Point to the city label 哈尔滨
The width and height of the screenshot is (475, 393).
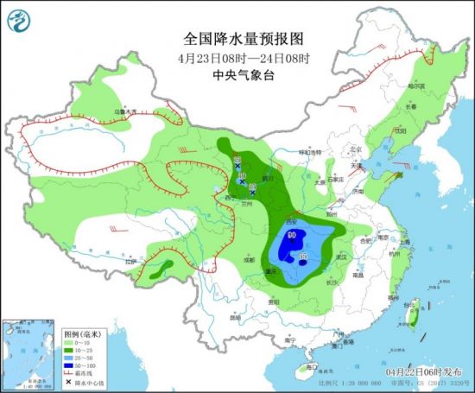coord(416,86)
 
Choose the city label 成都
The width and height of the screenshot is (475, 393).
coord(249,259)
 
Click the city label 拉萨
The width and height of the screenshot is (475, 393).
coord(130,263)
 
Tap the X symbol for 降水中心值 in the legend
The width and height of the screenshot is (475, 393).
coord(70,381)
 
